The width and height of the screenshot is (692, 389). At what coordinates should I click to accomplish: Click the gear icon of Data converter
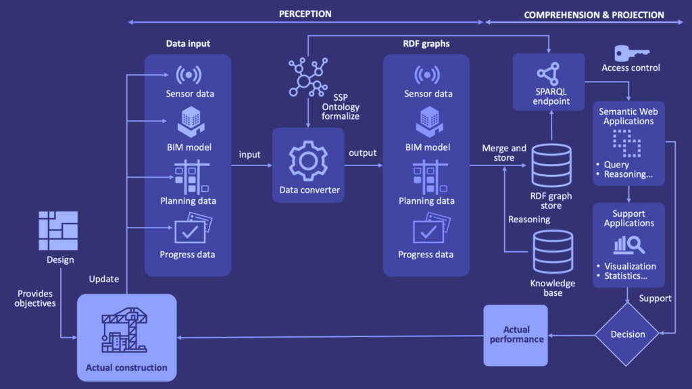[x=307, y=160]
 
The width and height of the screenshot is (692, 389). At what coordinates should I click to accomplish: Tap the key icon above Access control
[x=630, y=52]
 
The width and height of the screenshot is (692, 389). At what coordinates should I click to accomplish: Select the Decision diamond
[x=628, y=334]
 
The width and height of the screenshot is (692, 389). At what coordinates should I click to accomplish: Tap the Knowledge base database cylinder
[x=552, y=252]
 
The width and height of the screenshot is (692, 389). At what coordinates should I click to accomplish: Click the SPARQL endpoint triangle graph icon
[x=549, y=76]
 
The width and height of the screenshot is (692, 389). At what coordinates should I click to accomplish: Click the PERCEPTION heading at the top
[x=305, y=14]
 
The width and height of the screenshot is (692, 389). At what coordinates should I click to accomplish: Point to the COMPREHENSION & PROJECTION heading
[x=593, y=15]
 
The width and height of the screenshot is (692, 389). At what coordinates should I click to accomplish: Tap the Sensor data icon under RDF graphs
[x=427, y=74]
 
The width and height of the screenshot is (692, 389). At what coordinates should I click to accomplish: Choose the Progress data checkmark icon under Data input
[x=191, y=230]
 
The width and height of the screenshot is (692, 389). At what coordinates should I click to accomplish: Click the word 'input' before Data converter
[x=249, y=155]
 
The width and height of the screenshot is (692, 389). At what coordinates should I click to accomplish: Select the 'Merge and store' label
[x=503, y=153]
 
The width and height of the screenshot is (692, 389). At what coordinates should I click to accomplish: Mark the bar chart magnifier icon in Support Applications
[x=629, y=244]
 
